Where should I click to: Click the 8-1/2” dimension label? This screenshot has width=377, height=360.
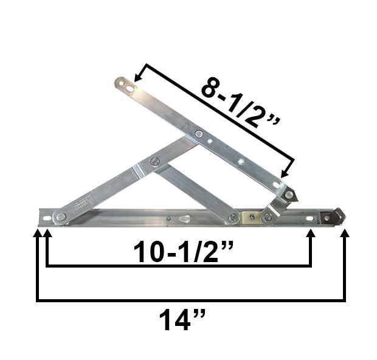[x=241, y=104]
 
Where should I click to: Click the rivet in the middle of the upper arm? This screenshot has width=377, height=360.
[x=199, y=134]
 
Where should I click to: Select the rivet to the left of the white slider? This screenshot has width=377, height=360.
[x=233, y=217]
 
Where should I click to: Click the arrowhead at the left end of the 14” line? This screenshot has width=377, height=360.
[x=38, y=234]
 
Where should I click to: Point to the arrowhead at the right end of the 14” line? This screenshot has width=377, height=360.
[x=345, y=234]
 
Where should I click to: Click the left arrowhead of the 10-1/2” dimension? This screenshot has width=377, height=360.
[x=46, y=234]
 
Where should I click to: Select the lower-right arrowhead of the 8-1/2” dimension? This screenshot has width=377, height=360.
[x=286, y=174]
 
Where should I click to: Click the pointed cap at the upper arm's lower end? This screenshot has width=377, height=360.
[x=291, y=195]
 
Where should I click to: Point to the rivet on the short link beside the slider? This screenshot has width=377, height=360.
[x=268, y=216]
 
